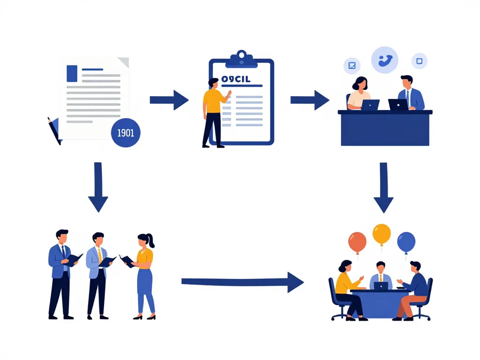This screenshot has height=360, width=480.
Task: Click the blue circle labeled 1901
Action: (125, 133)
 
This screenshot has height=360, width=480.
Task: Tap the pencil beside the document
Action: (54, 130)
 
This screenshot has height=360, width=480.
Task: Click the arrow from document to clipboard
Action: (169, 100)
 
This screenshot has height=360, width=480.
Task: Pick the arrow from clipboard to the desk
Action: (309, 100)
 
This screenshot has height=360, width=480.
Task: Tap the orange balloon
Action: (357, 242)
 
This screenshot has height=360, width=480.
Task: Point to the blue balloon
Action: (406, 242)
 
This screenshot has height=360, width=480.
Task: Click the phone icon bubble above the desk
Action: (384, 60)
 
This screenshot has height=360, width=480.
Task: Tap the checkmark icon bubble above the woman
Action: (352, 66)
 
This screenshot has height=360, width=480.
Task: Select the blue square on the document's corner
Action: (72, 73)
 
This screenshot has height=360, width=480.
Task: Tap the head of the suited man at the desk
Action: (406, 81)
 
